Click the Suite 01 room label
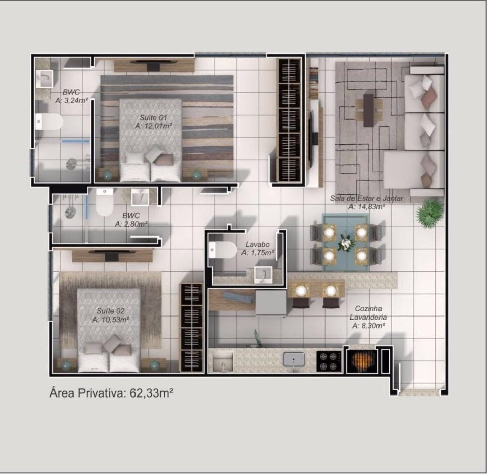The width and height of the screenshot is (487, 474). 153,118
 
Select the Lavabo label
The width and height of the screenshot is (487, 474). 257,244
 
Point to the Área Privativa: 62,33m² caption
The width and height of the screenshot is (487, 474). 111,393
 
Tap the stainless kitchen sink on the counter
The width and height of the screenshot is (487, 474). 294,359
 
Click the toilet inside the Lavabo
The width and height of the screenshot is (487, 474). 223,250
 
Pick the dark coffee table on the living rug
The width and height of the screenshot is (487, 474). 369,110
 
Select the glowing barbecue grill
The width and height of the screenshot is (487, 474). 362,360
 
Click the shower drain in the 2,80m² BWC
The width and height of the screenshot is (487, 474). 70,213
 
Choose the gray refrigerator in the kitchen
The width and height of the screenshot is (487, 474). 271,303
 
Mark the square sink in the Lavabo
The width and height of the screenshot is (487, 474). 263,274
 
